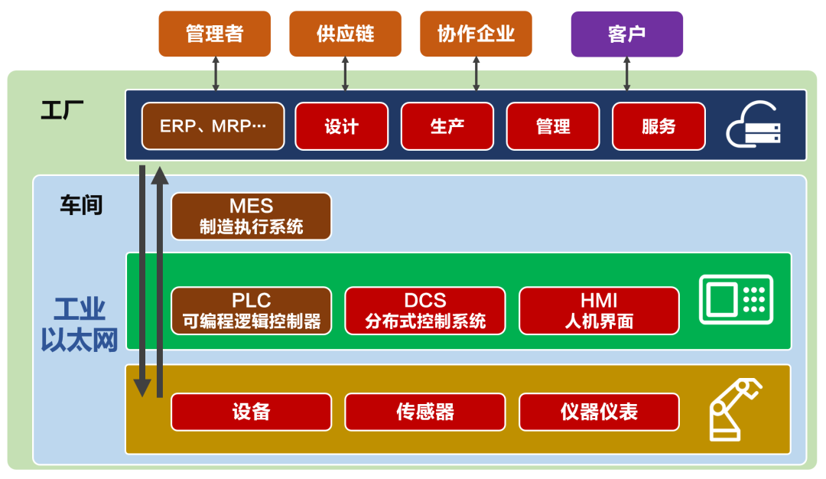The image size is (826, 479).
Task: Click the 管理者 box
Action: coord(215,34)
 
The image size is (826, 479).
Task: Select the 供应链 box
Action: coord(346,34)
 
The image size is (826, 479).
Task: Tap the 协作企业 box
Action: coord(476,34)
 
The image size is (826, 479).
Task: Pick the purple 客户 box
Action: coord(626,34)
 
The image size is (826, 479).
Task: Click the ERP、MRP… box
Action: coord(213,126)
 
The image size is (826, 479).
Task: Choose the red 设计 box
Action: coord(341,126)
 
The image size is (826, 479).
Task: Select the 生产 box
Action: coord(447,126)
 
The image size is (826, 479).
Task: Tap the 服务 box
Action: coord(659,126)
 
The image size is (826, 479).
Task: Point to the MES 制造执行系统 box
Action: coord(251,216)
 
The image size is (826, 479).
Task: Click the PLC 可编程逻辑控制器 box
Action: coord(251,311)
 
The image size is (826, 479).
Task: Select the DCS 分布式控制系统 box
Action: coord(425,311)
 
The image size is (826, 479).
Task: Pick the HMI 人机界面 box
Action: coord(599,311)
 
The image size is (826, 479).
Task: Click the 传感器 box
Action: coord(425,412)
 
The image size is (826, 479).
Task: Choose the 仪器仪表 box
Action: coord(599,412)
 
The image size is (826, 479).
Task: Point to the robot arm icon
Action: coord(735,409)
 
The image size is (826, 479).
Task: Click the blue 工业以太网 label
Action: coord(80,324)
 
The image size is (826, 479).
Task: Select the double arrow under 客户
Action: coord(626,73)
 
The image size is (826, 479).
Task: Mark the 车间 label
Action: coord(81,205)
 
